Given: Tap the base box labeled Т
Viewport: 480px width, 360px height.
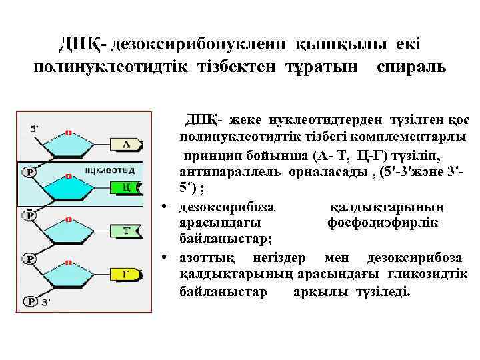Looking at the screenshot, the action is click(x=127, y=231).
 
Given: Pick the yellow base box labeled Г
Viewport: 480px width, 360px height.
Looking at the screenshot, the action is click(x=126, y=273).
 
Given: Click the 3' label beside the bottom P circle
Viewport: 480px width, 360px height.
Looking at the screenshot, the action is click(x=45, y=302).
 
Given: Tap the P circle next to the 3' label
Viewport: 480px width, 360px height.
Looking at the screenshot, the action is click(x=30, y=302).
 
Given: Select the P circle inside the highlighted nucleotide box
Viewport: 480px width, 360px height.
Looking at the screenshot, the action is click(x=30, y=172).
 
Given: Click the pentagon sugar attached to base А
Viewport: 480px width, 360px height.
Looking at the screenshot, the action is click(x=69, y=150).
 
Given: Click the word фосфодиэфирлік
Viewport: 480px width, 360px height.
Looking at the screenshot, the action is click(x=383, y=222).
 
